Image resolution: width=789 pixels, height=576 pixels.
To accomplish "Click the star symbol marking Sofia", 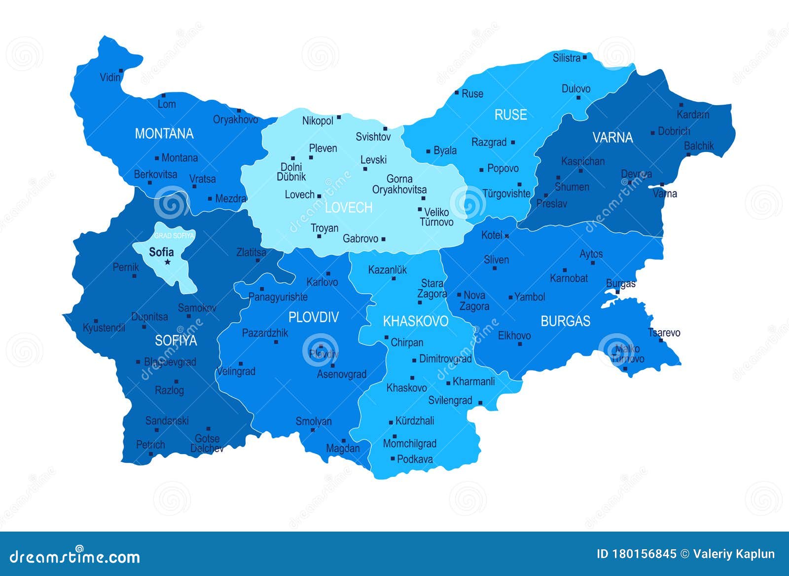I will [168, 262].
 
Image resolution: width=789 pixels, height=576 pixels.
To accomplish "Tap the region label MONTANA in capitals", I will [164, 134].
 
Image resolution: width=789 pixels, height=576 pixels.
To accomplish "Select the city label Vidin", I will [110, 77].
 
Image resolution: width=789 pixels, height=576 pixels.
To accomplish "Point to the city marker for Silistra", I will [585, 57].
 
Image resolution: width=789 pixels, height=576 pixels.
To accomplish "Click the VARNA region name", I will [612, 137].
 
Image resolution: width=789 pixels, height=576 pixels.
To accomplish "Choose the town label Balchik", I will [699, 146].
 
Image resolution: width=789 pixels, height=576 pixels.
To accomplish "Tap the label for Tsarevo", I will [664, 333].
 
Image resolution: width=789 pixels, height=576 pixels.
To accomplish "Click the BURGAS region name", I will [565, 321].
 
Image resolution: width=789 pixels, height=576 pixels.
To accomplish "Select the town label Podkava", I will [415, 459].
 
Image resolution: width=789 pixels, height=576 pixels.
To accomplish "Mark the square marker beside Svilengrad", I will [480, 403].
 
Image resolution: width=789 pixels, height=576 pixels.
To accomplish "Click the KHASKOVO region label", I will [415, 321].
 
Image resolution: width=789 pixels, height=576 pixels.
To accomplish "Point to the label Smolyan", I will [314, 422].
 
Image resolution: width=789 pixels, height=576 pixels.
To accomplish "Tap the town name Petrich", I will [150, 445].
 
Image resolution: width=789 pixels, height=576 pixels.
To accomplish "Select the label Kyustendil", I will [104, 328].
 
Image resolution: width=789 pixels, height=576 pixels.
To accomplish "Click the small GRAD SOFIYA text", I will [175, 236].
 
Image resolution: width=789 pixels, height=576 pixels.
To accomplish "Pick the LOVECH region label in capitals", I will [349, 208].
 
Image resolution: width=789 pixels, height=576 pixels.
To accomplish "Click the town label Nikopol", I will [318, 121].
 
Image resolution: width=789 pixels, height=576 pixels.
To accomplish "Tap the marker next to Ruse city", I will [457, 92].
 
